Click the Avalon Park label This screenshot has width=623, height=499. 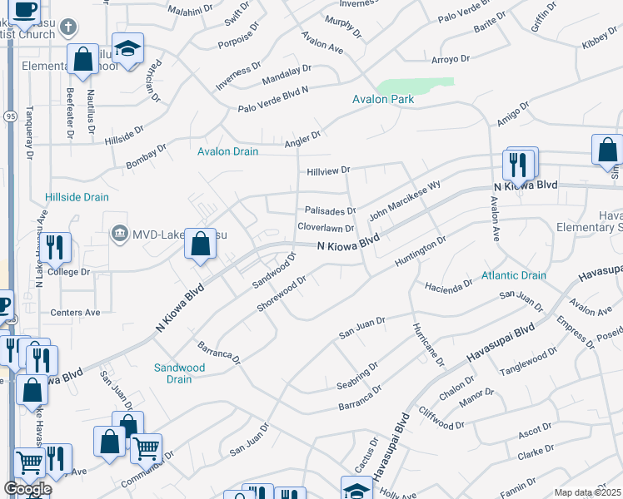[383, 99]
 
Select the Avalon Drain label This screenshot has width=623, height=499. [227, 151]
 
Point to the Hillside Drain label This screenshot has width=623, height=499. [77, 197]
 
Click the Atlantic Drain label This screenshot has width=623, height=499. [513, 275]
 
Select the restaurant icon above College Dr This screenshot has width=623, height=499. [56, 247]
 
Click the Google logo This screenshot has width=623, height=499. [27, 489]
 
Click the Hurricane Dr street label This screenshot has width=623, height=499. [427, 342]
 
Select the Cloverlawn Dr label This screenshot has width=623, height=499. [326, 227]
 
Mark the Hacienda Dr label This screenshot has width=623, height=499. [447, 285]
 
